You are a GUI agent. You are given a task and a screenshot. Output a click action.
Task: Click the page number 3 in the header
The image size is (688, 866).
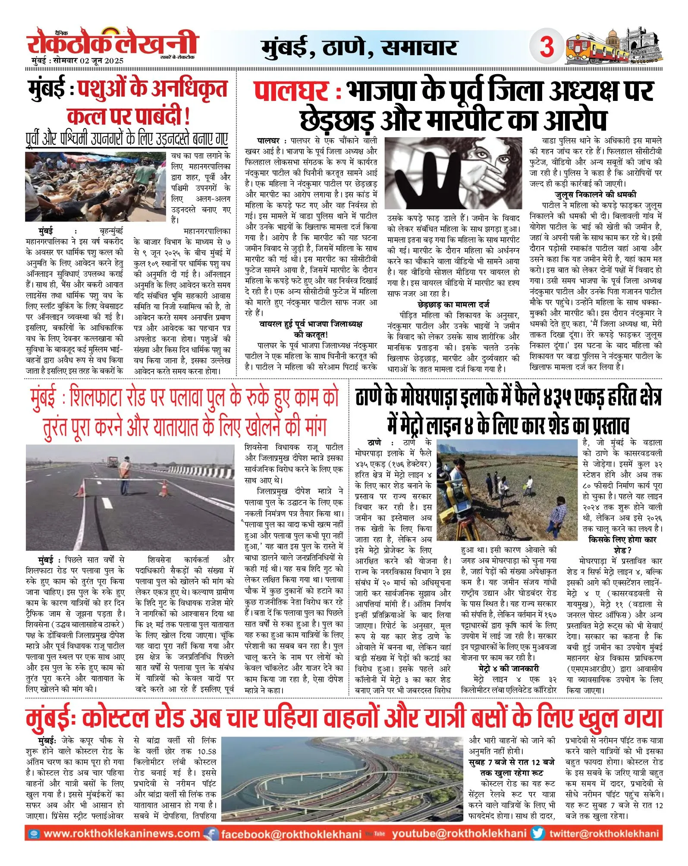click(547, 46)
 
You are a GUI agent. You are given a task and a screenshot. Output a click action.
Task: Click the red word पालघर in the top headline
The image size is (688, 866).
click(291, 91)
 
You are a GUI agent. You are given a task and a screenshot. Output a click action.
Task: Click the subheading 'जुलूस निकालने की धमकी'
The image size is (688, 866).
click(595, 195)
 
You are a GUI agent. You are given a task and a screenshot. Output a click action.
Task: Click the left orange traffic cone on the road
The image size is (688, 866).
click(80, 490)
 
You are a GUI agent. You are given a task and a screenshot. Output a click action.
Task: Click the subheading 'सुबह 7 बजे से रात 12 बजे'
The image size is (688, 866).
click(512, 762)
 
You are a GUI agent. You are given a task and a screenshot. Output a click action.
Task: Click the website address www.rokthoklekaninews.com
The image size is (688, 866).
click(122, 834)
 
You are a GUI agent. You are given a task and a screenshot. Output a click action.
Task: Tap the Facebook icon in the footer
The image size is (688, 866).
click(211, 834)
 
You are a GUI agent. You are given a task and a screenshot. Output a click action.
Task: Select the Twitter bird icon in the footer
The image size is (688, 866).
click(537, 833)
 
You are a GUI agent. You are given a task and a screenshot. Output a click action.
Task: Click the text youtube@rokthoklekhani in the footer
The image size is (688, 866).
click(459, 834)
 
